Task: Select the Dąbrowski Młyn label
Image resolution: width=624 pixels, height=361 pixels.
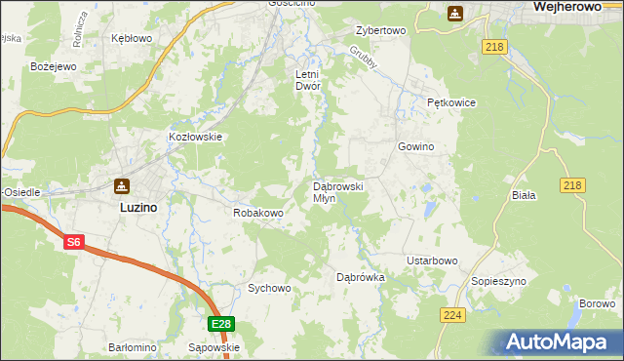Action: [337, 191]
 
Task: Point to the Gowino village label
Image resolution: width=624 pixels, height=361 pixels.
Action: [415, 147]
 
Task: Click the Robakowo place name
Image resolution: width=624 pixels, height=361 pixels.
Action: [257, 212]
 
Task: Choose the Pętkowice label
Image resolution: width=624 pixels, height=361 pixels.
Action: [449, 102]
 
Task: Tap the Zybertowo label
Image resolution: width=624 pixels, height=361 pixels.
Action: [380, 31]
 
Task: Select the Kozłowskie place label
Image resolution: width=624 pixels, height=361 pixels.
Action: [196, 138]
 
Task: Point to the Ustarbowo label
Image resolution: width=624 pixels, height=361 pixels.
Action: [432, 261]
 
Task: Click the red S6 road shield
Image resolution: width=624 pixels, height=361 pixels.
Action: [74, 242]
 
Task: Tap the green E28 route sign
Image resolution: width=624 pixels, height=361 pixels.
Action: [221, 324]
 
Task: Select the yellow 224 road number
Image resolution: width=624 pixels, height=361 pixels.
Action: [452, 315]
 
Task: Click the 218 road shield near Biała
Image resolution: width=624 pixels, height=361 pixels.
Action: [573, 185]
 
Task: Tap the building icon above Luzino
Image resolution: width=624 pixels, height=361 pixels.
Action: [121, 186]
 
